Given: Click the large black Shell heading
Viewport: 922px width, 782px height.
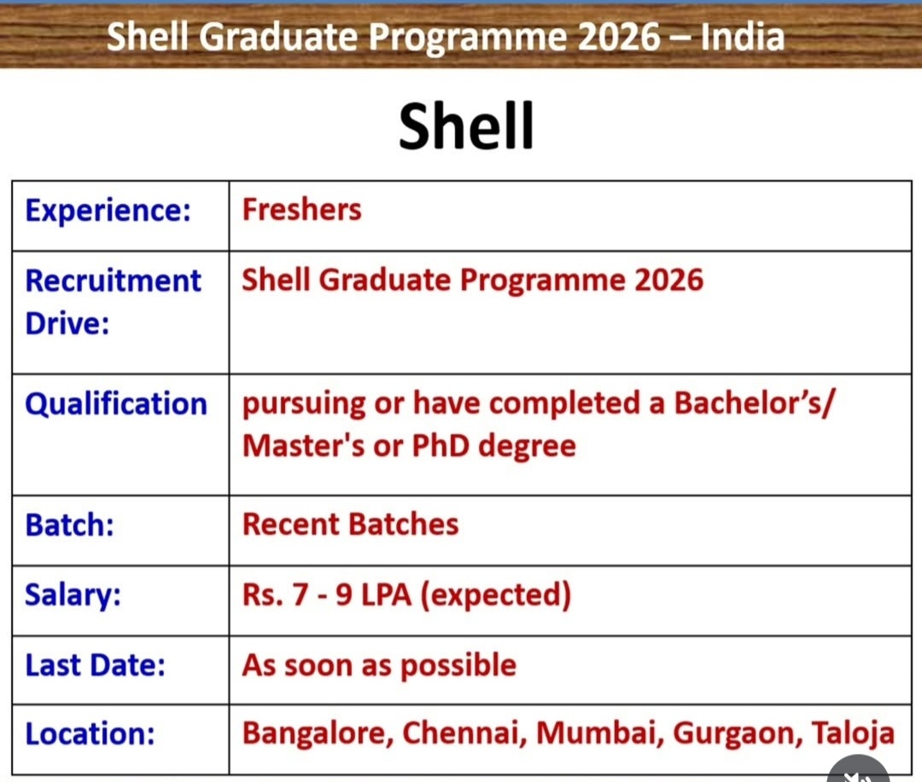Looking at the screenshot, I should pos(466,126).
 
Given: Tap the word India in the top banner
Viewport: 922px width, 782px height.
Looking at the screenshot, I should pos(741,37).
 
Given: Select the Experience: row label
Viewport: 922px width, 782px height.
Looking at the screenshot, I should pos(108,210).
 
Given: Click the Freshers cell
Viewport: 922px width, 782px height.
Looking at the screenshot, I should pos(301,210).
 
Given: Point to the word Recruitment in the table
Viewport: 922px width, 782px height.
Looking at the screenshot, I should pos(113,281).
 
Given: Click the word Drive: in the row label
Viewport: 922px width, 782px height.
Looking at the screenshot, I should pos(67,324).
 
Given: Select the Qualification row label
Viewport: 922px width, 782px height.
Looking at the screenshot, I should pos(116,403).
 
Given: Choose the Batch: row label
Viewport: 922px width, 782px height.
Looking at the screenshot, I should pos(70,524).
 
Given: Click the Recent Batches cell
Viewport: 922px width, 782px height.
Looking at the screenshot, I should pos(350,524).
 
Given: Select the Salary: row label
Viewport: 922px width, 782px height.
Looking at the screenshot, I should pos(73,594).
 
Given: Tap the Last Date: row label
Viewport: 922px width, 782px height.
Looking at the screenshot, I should pos(95,665).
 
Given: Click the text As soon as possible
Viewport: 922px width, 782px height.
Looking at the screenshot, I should pos(379,665).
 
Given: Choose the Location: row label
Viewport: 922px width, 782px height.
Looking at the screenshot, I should pos(86,734).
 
